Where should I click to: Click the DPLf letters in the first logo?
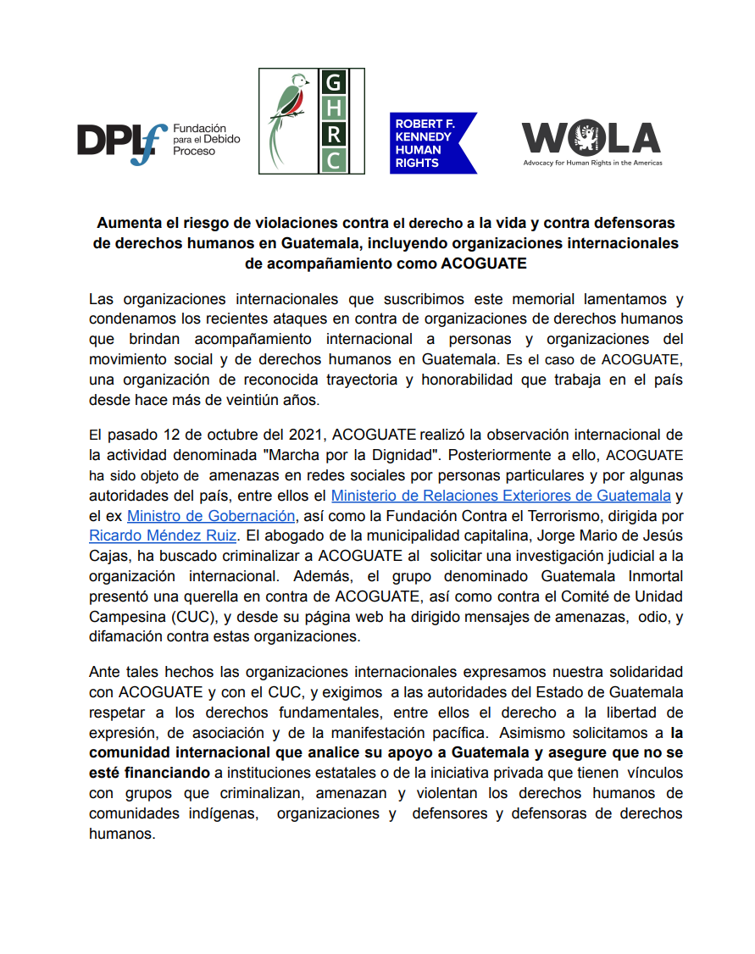[x=121, y=139]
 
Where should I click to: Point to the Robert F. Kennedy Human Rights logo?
[x=433, y=143]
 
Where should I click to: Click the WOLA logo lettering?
[x=591, y=137]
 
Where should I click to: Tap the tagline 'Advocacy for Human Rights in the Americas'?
[x=592, y=163]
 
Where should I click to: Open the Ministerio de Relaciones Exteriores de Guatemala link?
[x=501, y=495]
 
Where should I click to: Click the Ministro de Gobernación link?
[x=211, y=515]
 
